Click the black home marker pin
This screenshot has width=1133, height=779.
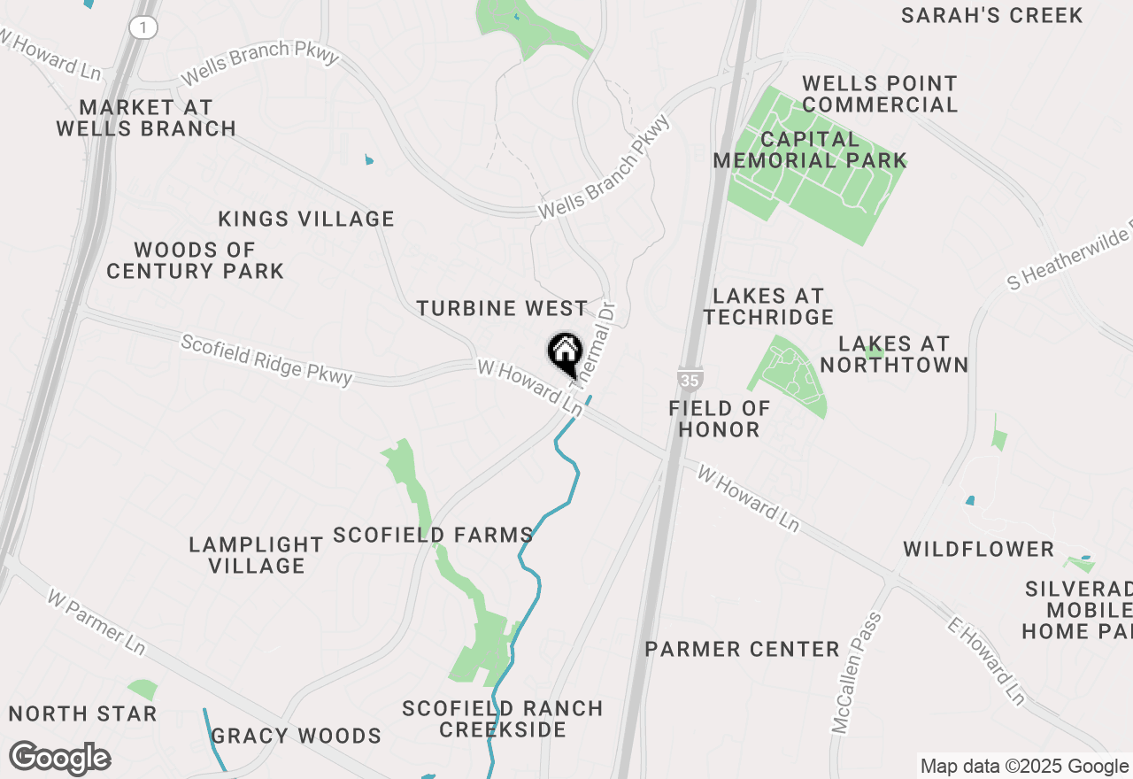[564, 353]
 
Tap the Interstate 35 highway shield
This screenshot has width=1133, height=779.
[691, 379]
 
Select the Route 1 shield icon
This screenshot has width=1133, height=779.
[143, 28]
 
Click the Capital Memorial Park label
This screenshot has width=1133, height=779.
[810, 150]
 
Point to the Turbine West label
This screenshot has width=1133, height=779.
[502, 308]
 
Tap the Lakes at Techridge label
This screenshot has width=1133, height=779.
[768, 306]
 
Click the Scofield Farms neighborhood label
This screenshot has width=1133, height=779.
[433, 535]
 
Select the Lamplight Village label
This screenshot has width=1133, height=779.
[256, 555]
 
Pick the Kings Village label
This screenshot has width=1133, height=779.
[306, 219]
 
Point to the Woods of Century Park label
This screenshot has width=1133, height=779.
[195, 260]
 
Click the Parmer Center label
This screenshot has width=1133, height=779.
[742, 649]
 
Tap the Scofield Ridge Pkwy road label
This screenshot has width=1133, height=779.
[266, 359]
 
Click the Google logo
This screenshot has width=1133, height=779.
[60, 759]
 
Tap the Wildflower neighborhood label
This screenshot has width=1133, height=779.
[978, 550]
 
